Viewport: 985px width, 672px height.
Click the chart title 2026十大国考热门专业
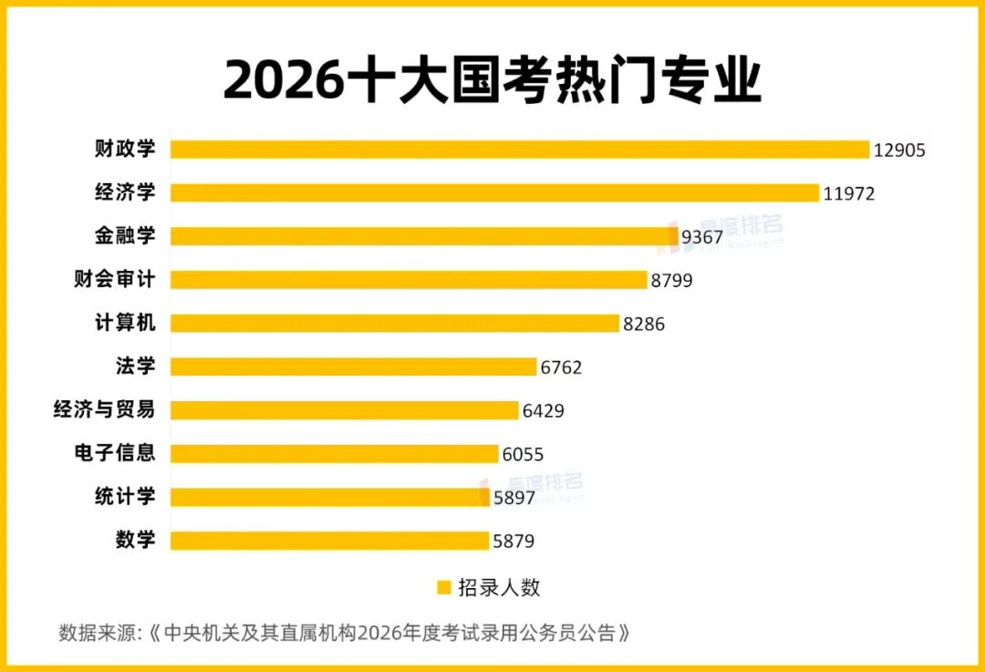coord(493,80)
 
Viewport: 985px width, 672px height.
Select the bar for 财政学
coord(520,150)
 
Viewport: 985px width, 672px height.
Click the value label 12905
coord(899,150)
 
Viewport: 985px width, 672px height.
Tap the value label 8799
coord(671,281)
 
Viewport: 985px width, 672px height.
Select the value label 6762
coord(561,367)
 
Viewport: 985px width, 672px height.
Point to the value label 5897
coord(513,498)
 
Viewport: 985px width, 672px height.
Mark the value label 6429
coord(543,410)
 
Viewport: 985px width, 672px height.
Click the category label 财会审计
coord(114,280)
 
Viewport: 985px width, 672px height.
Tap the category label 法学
coord(136,367)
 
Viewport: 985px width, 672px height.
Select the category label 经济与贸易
coord(104,409)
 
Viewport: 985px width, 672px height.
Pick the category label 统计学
coord(125,497)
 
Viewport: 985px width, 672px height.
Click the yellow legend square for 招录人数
coord(444,588)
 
